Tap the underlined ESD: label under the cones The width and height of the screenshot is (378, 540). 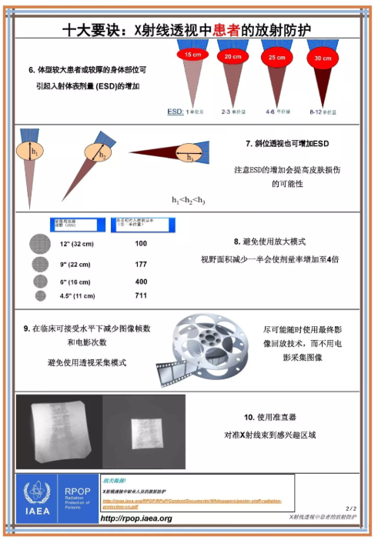point(175,112)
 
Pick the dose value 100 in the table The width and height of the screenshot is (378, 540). point(141,244)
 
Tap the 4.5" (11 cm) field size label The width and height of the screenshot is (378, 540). point(76,295)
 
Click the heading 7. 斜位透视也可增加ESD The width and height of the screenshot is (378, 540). point(286,144)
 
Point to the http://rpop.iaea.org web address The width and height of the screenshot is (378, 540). point(136,518)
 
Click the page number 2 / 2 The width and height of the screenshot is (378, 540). point(351,508)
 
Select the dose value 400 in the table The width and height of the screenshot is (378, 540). point(141,282)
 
